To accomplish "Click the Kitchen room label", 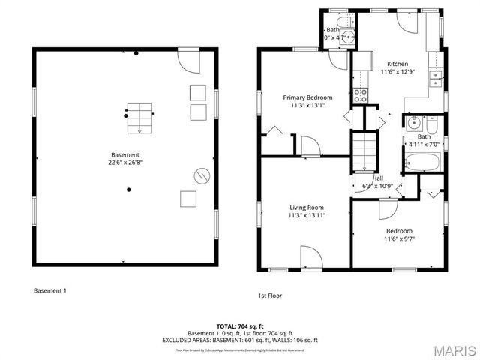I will tap(397, 64).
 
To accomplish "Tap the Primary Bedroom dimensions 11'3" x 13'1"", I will tap(307, 106).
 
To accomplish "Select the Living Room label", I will tap(307, 207).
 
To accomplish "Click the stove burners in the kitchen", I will tap(360, 94).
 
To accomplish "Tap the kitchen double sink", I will tap(434, 73).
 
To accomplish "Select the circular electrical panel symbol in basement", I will tap(199, 175).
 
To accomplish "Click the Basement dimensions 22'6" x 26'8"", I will tap(125, 162).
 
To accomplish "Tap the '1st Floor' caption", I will tap(271, 296).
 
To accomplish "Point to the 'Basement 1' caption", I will tap(49, 290).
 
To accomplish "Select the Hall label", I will tap(377, 178).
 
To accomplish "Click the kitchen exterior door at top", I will tap(409, 21).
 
